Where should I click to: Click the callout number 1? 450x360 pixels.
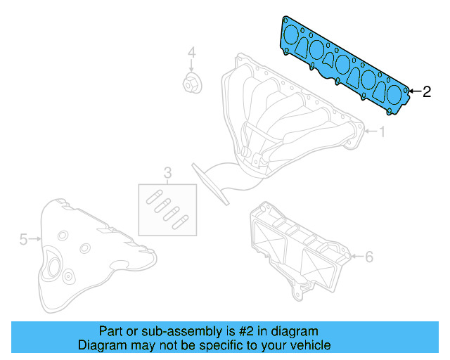[x=382, y=131]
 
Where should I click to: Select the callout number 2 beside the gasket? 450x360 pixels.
[x=427, y=91]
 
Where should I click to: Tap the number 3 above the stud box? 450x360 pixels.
[x=167, y=172]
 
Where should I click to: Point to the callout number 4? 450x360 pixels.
[x=191, y=53]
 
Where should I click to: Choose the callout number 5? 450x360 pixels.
[x=22, y=240]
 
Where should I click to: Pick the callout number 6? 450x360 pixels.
[x=369, y=257]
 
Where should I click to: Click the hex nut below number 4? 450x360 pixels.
[x=191, y=82]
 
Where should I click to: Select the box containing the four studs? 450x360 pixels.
[x=167, y=209]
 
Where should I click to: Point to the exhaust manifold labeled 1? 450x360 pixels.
[x=281, y=112]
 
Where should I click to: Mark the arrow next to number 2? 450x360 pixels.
[x=413, y=91]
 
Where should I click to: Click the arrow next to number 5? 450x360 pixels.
[x=34, y=240]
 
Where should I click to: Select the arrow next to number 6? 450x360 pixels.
[x=356, y=257]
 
